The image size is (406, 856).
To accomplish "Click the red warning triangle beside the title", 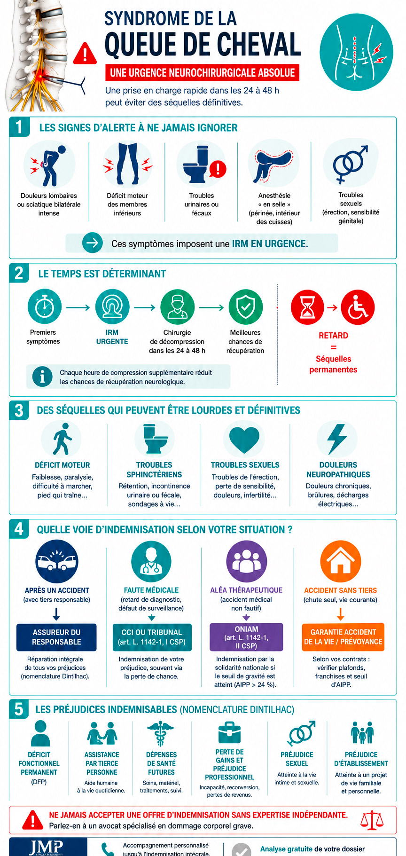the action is pos(85,54).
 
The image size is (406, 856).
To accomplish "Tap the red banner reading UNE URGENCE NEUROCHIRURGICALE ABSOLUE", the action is pos(202,72).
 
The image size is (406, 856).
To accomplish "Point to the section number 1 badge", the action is pos(19,127).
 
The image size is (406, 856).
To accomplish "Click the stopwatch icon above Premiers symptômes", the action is pos(44,306).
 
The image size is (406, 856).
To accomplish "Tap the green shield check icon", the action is pos(245,306).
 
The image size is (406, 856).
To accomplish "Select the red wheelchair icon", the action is pos(358,307).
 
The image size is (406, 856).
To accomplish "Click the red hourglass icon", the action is pos(308,307).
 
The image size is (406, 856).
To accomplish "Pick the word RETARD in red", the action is pos(333,336).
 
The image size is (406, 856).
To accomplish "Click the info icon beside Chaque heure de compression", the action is pos(42,377).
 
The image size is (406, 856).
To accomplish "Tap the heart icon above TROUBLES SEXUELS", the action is pos(244,440).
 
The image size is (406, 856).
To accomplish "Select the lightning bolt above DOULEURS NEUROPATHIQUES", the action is pos(337,439).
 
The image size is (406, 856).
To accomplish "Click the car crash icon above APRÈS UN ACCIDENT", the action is pos(57,561).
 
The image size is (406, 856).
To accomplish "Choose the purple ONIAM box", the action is pos(246,637).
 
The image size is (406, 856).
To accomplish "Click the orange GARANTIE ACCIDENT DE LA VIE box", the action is pos(343,637).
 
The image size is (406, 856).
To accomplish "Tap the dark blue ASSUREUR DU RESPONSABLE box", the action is pos(56,637).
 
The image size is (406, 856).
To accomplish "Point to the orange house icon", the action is pos(341,561).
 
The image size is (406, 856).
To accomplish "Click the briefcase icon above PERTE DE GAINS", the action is pos(229,732).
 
